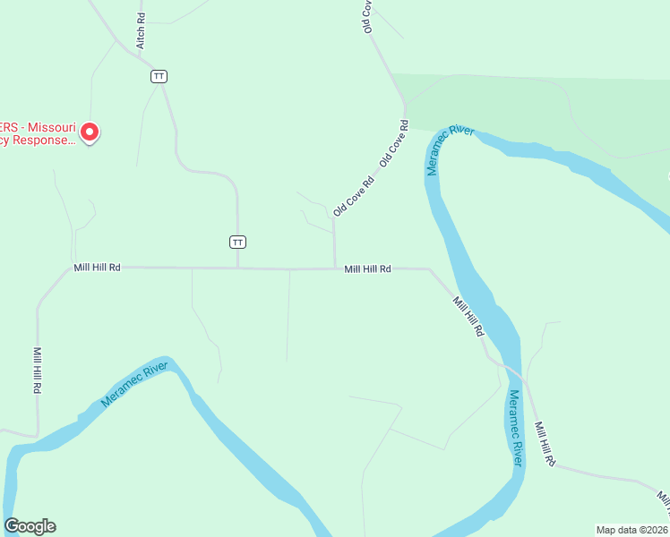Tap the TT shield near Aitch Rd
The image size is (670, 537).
pyautogui.click(x=159, y=76)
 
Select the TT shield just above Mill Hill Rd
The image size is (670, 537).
pyautogui.click(x=237, y=242)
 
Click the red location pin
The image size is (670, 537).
pyautogui.click(x=90, y=132)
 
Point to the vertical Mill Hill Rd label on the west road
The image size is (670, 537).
pyautogui.click(x=38, y=371)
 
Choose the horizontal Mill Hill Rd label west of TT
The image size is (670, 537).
pyautogui.click(x=98, y=268)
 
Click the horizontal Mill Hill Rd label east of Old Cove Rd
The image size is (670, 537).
pyautogui.click(x=368, y=268)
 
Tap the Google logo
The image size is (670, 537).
pyautogui.click(x=30, y=526)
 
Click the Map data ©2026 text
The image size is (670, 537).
pyautogui.click(x=631, y=529)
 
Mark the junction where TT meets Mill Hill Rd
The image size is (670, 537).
pyautogui.click(x=237, y=268)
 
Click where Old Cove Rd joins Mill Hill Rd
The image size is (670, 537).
pyautogui.click(x=335, y=268)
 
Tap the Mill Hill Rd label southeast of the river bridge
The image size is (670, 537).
pyautogui.click(x=545, y=444)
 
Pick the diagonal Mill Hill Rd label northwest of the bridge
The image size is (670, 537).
pyautogui.click(x=468, y=316)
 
